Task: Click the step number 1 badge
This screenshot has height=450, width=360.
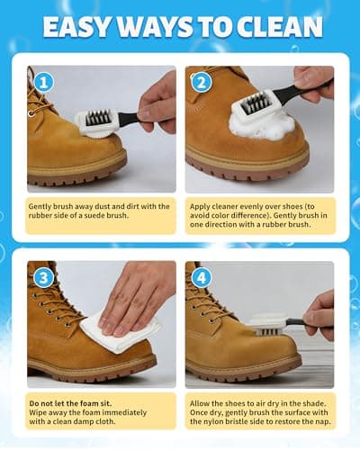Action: [x=44, y=82]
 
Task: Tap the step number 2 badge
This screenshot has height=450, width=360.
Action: [x=201, y=82]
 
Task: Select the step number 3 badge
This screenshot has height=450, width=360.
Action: [x=44, y=277]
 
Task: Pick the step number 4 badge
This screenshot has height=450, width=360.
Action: [x=201, y=277]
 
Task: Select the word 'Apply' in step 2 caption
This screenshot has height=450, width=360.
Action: [x=200, y=206]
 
